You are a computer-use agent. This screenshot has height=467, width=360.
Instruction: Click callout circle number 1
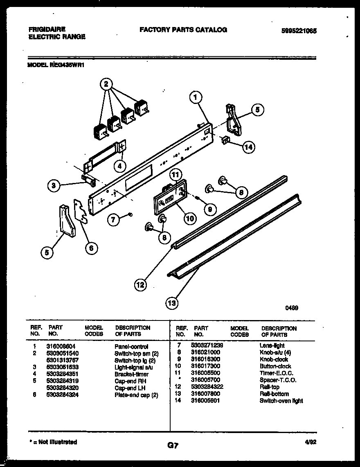pos(196,97)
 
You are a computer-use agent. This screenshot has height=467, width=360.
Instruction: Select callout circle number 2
pos(106,85)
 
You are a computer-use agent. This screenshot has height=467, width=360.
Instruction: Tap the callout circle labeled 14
pos(247,148)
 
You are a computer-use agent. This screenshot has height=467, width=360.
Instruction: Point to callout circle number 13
pos(172,303)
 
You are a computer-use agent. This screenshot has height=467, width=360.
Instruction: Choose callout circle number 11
pos(175,175)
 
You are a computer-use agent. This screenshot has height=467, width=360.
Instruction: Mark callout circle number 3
pos(54,186)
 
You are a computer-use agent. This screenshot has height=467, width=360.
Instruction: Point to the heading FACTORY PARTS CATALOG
pos(183,29)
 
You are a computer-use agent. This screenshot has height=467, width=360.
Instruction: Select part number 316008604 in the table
pos(61,346)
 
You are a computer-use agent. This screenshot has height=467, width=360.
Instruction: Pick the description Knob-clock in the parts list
pos(274,359)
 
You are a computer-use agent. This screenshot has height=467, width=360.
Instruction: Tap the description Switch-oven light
pos(281,401)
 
